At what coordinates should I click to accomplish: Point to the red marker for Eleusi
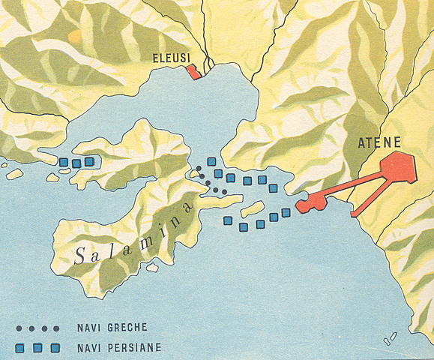click(x=193, y=71)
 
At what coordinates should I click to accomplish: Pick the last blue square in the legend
click(x=57, y=348)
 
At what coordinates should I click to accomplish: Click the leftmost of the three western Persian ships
click(x=64, y=162)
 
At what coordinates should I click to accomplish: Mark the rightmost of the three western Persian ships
click(x=89, y=161)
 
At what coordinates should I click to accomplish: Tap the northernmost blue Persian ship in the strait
click(x=212, y=162)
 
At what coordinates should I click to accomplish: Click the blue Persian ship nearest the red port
click(x=286, y=212)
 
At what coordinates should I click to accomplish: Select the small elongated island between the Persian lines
click(x=253, y=208)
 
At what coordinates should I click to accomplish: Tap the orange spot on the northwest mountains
click(x=74, y=35)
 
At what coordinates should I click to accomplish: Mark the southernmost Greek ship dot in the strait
click(x=224, y=192)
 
